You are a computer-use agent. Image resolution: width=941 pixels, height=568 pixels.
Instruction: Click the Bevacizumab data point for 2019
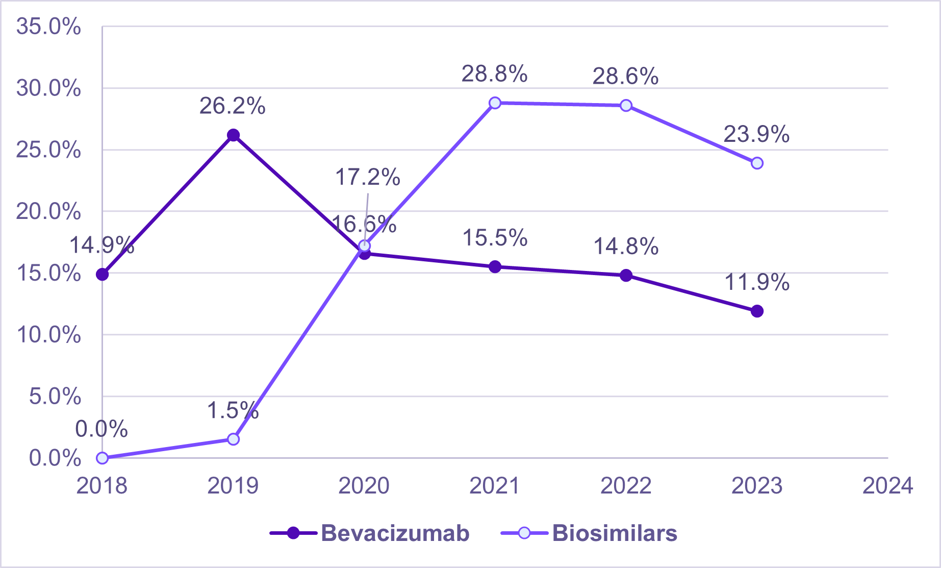click(233, 135)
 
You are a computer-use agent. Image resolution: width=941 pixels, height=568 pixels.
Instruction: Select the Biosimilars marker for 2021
click(495, 103)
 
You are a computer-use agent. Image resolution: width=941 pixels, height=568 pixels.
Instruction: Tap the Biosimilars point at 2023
click(757, 163)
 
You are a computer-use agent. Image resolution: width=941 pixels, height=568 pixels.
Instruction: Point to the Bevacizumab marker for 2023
click(757, 311)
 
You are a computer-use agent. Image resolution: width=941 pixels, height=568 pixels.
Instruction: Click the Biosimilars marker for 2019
click(233, 439)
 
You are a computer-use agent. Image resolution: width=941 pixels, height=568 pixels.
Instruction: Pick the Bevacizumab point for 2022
click(626, 276)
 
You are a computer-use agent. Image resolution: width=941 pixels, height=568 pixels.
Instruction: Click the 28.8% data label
click(494, 75)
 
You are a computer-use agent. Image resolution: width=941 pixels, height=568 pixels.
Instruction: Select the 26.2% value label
click(232, 106)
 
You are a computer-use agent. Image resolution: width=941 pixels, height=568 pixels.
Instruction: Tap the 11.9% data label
click(756, 282)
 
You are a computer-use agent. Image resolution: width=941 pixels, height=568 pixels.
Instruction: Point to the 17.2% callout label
click(367, 178)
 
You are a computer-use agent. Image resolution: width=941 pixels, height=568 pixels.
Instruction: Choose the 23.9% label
click(756, 135)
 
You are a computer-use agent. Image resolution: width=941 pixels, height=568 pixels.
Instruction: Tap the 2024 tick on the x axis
click(887, 486)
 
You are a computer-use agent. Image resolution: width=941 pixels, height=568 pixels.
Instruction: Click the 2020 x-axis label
click(364, 486)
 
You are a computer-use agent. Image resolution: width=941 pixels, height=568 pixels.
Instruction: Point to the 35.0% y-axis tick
click(48, 27)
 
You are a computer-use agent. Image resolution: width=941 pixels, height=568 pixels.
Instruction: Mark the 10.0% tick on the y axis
click(48, 335)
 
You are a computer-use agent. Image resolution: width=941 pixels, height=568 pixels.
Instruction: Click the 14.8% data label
click(626, 247)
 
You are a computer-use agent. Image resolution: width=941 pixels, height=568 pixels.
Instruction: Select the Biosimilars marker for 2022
click(626, 106)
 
